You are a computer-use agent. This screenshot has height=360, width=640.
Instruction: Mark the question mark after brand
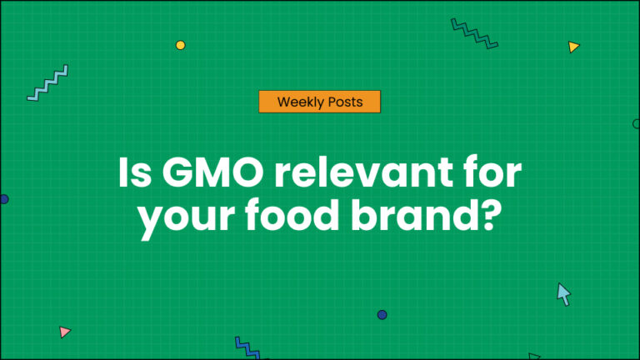click(x=492, y=218)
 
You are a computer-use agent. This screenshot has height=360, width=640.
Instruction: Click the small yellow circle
click(x=180, y=45)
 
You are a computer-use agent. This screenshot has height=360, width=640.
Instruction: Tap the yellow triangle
click(x=573, y=47)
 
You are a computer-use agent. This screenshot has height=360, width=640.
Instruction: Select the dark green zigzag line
click(x=474, y=33)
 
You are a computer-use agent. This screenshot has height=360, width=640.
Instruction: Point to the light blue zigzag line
click(x=47, y=83)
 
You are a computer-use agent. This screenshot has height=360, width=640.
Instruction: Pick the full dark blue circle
click(x=382, y=315)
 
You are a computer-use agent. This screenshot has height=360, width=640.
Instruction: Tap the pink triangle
click(x=65, y=332)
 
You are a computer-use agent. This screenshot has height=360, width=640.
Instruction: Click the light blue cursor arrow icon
click(x=564, y=293)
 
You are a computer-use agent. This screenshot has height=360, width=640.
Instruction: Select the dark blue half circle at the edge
click(x=3, y=199)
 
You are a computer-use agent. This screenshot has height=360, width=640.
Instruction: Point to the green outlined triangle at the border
click(x=533, y=356)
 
